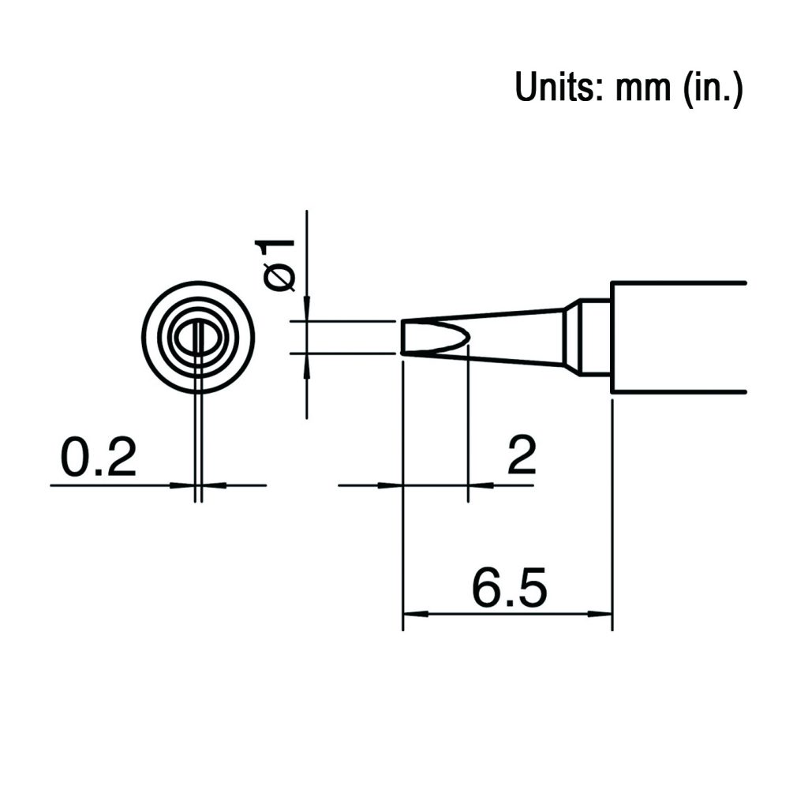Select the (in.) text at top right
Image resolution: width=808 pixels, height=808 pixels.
pyautogui.click(x=713, y=88)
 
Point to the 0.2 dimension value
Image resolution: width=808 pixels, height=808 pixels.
pyautogui.click(x=99, y=457)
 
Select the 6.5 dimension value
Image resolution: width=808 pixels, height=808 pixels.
pyautogui.click(x=509, y=587)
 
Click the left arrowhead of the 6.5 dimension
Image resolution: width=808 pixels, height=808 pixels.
pyautogui.click(x=416, y=614)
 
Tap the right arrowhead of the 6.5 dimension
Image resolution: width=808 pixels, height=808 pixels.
pyautogui.click(x=600, y=614)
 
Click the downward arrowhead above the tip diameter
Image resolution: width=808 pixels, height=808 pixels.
pyautogui.click(x=307, y=309)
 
